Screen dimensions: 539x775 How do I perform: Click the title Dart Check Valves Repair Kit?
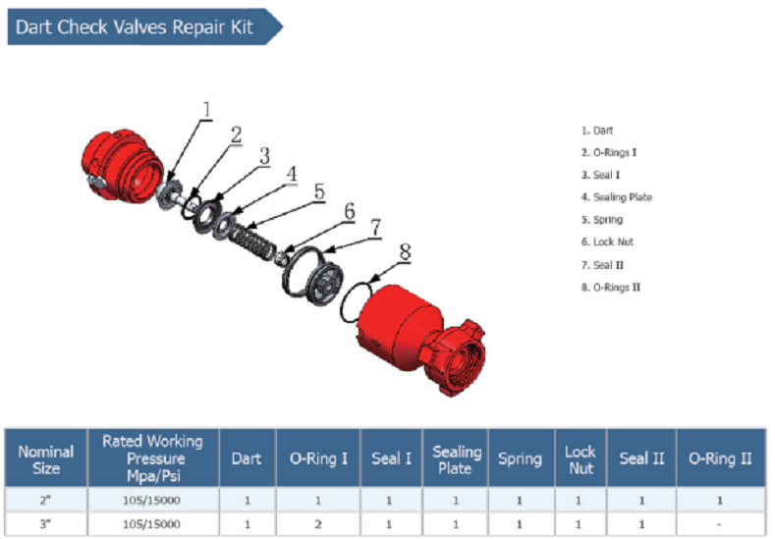point(135,27)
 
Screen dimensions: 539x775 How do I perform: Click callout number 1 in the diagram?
point(206,109)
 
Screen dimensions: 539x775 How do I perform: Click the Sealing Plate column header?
point(457,458)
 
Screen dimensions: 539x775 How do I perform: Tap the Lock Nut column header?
point(580,458)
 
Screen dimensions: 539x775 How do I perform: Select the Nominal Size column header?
point(45,458)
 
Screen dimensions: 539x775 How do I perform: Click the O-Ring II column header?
point(720,458)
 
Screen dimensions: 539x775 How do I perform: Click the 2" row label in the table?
point(45,500)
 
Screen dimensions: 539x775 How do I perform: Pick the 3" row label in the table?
point(45,524)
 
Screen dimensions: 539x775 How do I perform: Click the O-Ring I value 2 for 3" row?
point(317,524)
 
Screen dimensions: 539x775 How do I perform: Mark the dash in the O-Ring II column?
point(720,524)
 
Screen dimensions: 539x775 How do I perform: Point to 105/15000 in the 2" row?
point(152,500)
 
